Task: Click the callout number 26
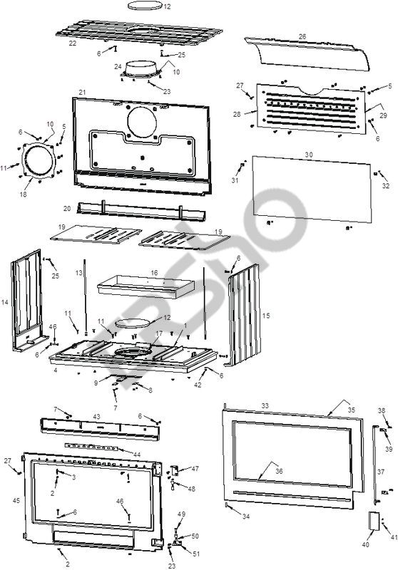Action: (x=302, y=37)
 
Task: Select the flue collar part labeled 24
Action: (x=141, y=70)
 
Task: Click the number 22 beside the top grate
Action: (x=73, y=43)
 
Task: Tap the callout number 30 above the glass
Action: (x=309, y=155)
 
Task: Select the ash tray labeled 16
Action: (x=146, y=286)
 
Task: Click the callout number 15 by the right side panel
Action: (x=266, y=316)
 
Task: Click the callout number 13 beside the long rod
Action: (x=79, y=273)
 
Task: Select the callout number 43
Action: (x=97, y=417)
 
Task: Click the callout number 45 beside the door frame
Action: (x=16, y=501)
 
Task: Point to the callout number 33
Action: (x=265, y=405)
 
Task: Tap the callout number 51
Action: (x=196, y=554)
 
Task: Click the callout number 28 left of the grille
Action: (x=237, y=115)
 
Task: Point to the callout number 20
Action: (x=67, y=209)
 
